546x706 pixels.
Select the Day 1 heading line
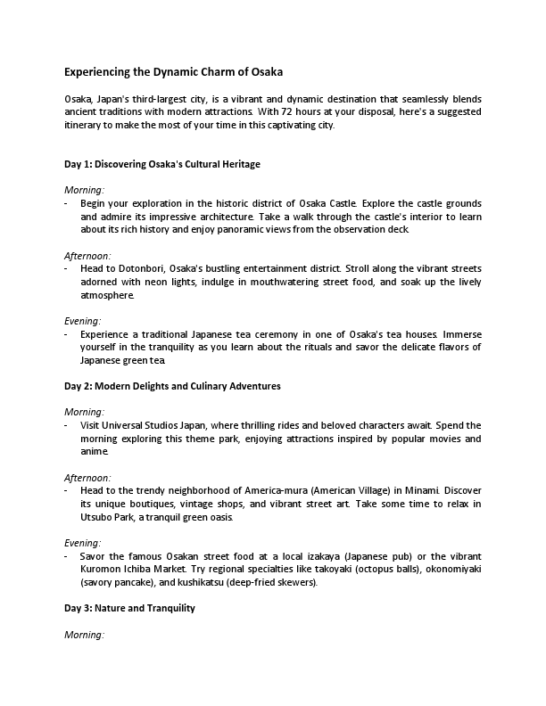pyautogui.click(x=161, y=164)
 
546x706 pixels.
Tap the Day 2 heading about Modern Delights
pyautogui.click(x=172, y=386)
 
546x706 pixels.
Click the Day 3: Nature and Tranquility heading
pyautogui.click(x=129, y=608)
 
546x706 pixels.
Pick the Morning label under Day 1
pyautogui.click(x=85, y=190)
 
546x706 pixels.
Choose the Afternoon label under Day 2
pyautogui.click(x=87, y=478)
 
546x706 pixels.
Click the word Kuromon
pyautogui.click(x=100, y=569)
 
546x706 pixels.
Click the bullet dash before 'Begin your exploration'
pyautogui.click(x=67, y=204)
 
